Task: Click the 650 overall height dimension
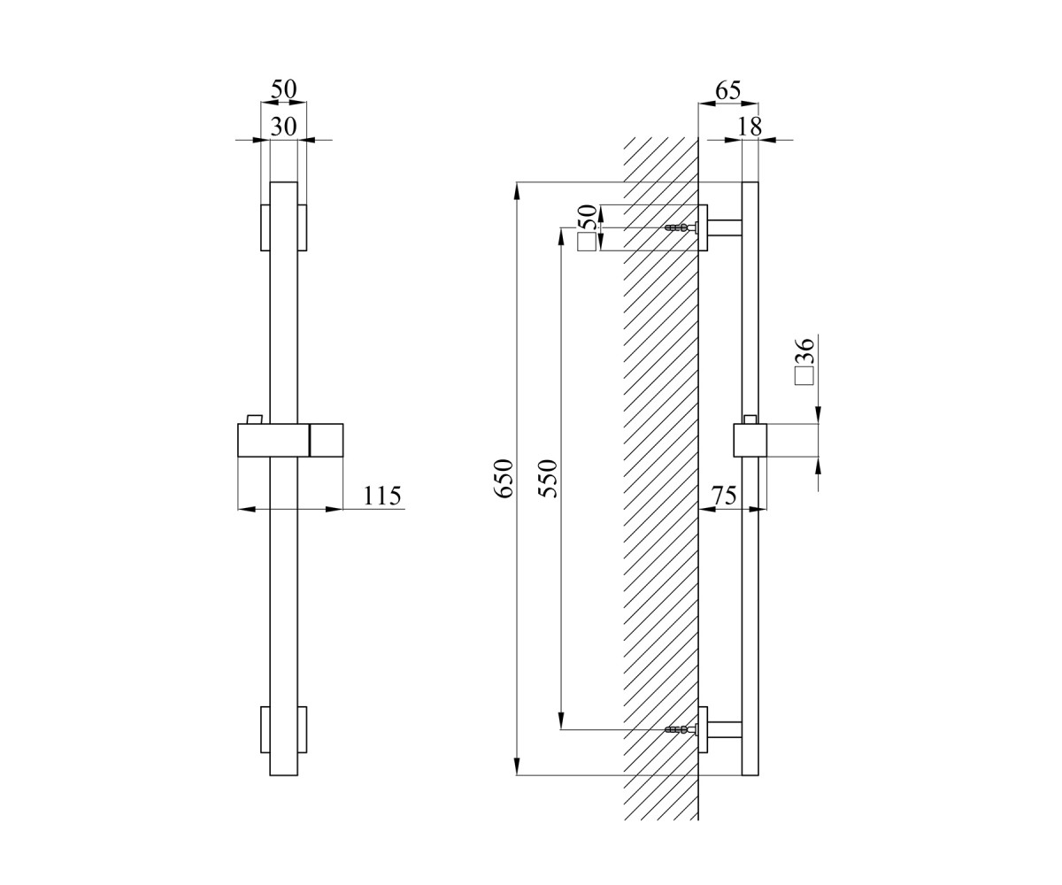pos(503,478)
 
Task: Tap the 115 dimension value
pos(382,496)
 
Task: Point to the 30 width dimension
pos(283,127)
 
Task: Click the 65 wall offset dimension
pos(727,90)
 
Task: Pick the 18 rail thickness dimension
pos(750,127)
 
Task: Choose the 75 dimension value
pos(724,496)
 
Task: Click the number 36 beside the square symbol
pos(804,350)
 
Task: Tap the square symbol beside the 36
pos(804,376)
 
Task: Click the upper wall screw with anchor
pos(681,227)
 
